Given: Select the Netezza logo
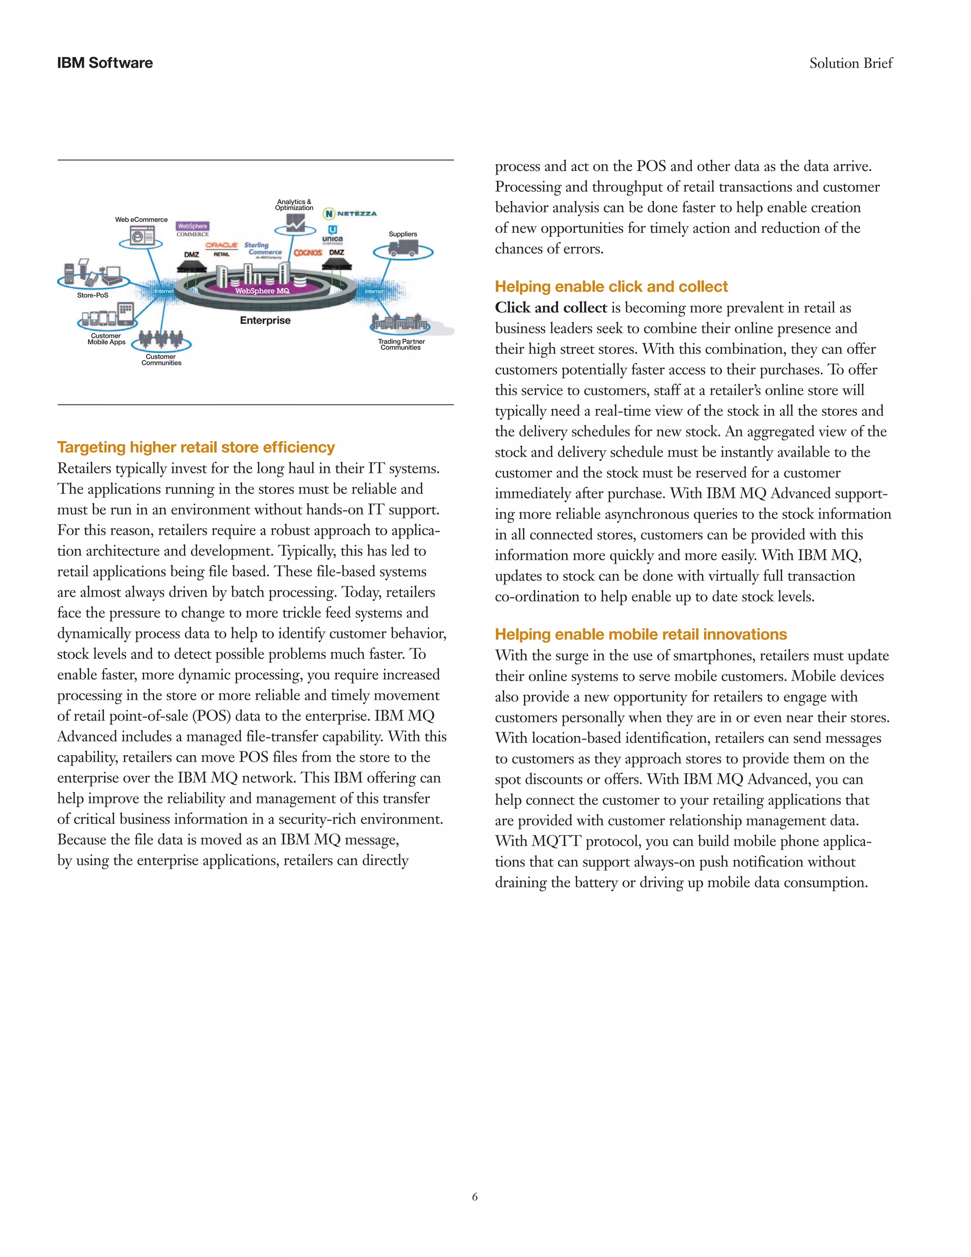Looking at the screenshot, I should [x=350, y=213].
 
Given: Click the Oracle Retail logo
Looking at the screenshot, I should [x=221, y=249].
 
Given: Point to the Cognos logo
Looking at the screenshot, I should [x=308, y=253].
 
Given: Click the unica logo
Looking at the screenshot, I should [x=332, y=234].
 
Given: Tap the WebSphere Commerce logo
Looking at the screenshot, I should [x=192, y=229].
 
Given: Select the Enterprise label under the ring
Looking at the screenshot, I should [x=265, y=321].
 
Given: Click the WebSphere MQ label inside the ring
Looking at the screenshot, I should [x=262, y=291].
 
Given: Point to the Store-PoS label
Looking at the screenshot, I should [x=92, y=295].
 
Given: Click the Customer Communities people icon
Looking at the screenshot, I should [x=161, y=340].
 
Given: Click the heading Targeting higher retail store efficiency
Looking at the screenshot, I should [x=196, y=447].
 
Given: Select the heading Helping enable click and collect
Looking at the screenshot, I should [x=611, y=287].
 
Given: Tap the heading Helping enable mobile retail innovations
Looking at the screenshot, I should [x=640, y=634].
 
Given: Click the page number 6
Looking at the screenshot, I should [x=475, y=1197].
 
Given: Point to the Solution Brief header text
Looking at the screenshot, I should [x=850, y=63].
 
